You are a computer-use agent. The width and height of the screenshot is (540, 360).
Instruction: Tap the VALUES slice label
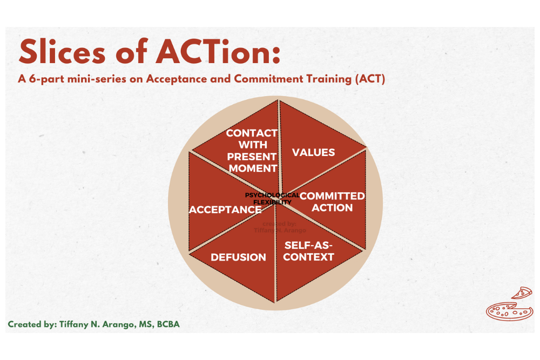point(313,153)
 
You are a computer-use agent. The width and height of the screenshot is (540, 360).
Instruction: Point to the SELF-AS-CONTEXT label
point(308,251)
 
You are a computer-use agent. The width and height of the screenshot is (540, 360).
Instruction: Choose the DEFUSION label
point(238,257)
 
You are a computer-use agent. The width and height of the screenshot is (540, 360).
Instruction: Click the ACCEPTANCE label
point(225,209)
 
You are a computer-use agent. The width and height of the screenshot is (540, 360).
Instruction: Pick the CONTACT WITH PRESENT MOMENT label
point(252,151)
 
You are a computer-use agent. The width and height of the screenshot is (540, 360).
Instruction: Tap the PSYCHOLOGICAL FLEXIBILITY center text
point(272,199)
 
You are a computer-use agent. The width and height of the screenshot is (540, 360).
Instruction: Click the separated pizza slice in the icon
point(522,293)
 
